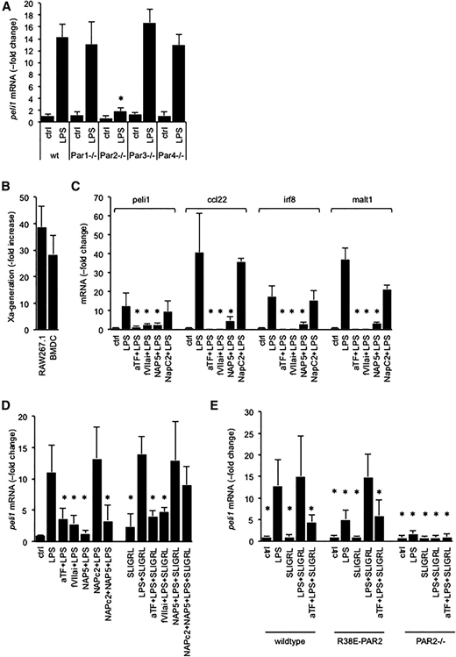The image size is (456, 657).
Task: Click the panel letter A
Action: pyautogui.click(x=8, y=7)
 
